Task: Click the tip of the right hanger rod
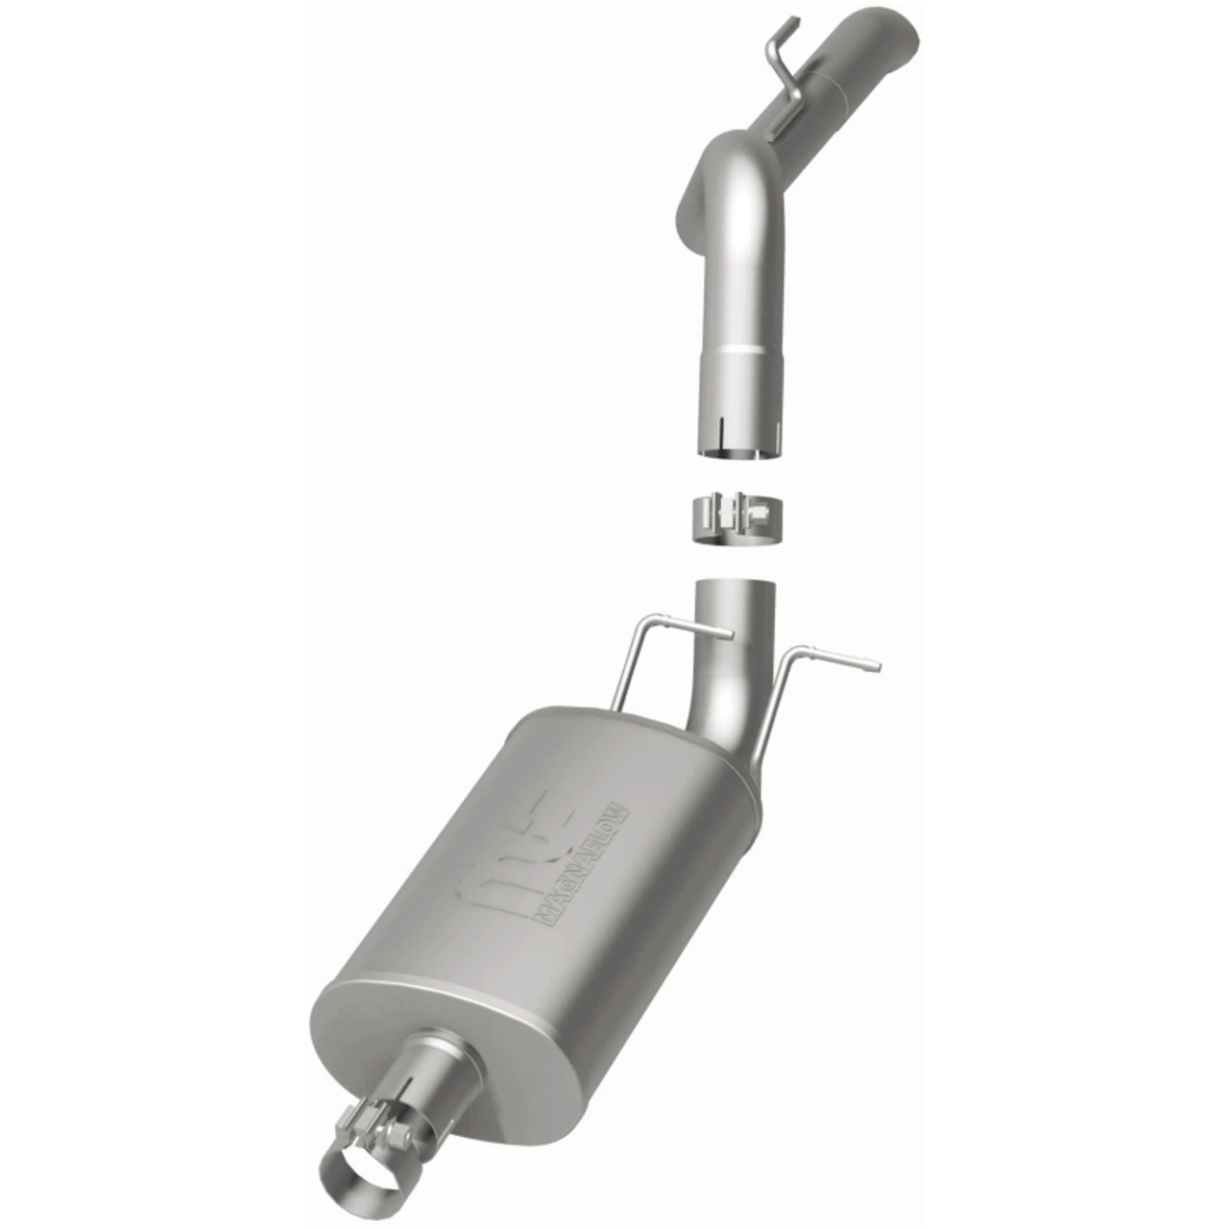875,664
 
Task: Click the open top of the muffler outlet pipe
735,584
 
